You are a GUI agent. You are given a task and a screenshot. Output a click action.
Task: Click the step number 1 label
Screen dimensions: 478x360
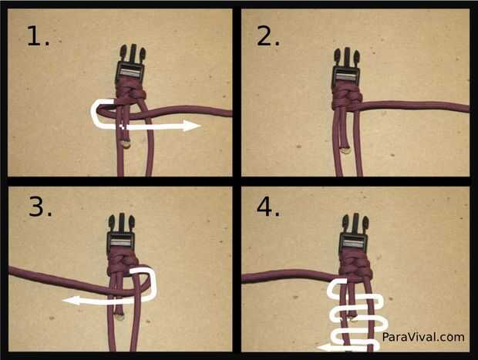pos(38,36)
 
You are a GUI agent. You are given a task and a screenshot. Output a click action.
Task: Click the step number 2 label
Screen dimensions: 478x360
pos(268,36)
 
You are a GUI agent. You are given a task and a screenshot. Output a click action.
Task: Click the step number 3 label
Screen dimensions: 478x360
pos(40,207)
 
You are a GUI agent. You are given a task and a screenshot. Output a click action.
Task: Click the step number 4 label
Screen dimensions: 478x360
pos(268,207)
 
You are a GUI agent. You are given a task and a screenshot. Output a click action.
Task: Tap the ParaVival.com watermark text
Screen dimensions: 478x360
pos(423,337)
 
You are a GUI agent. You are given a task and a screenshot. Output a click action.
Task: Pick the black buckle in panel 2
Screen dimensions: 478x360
pos(347,68)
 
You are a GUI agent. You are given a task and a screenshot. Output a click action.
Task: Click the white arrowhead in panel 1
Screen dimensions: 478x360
pos(191,126)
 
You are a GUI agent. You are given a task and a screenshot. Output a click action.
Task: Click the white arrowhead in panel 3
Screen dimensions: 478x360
pos(71,301)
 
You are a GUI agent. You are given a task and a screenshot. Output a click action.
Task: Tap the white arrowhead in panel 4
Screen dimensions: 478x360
pos(325,348)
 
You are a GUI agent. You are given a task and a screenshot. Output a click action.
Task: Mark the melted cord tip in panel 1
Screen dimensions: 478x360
pos(126,144)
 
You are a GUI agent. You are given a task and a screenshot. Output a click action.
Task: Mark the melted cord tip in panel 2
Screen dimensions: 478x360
pos(345,150)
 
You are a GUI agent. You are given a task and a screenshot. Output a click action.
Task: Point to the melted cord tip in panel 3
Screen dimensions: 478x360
pos(119,317)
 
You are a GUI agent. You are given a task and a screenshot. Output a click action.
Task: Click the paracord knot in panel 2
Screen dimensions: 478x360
pos(347,98)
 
